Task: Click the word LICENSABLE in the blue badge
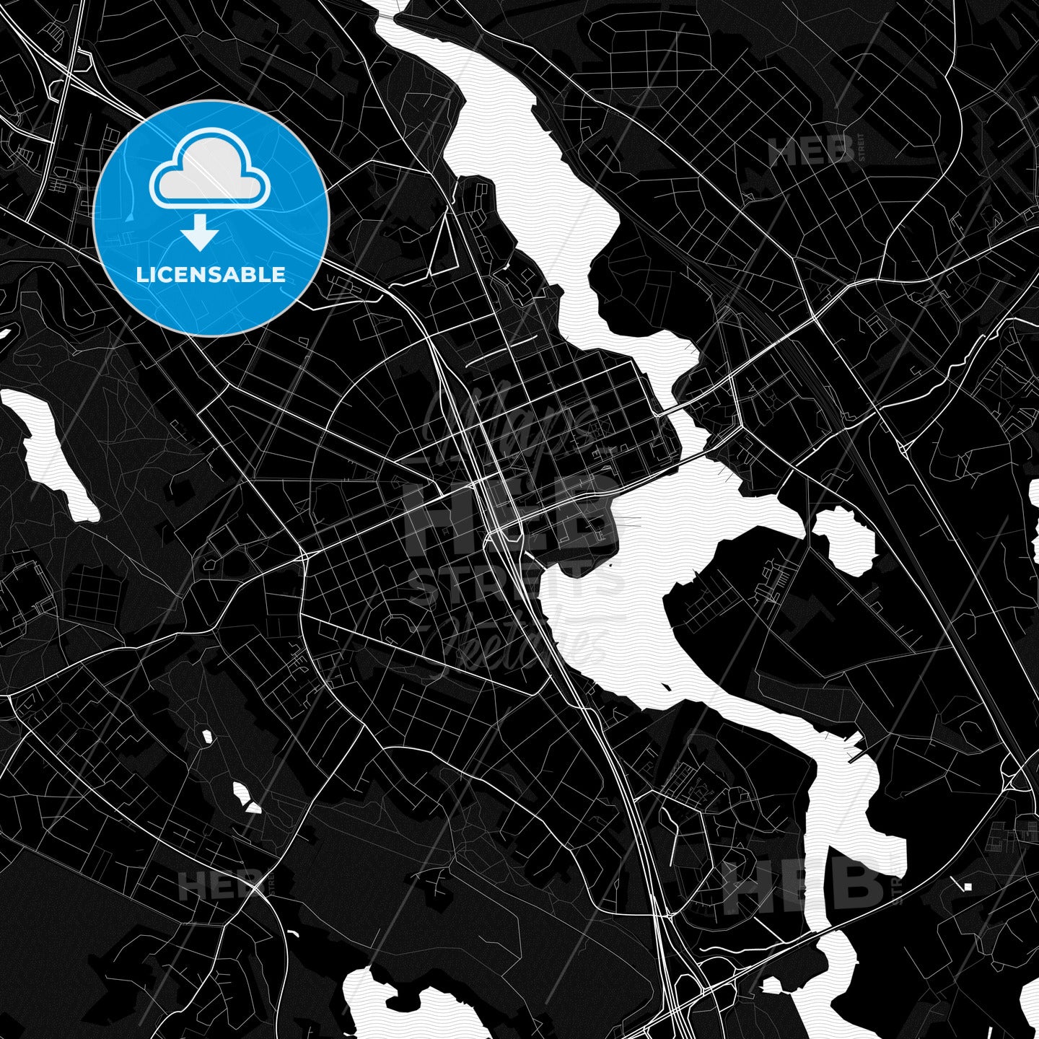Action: coord(211,274)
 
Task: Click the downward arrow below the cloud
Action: coord(200,233)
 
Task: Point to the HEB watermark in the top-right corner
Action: coord(811,152)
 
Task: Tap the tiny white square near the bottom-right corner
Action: coord(968,886)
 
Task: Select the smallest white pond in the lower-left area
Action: coord(208,737)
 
